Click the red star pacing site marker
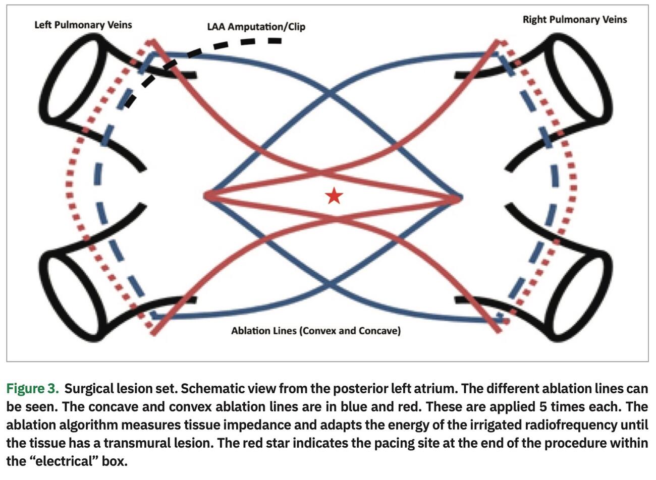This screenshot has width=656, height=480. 334,196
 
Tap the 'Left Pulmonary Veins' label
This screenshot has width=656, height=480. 83,24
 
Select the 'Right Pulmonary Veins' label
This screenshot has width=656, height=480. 575,20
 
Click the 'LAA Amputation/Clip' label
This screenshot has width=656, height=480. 256,26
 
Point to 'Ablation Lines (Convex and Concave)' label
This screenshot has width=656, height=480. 316,331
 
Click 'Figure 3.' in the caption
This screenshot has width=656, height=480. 33,389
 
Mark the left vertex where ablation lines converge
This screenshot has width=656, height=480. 206,196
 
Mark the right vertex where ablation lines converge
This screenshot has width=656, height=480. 460,198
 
